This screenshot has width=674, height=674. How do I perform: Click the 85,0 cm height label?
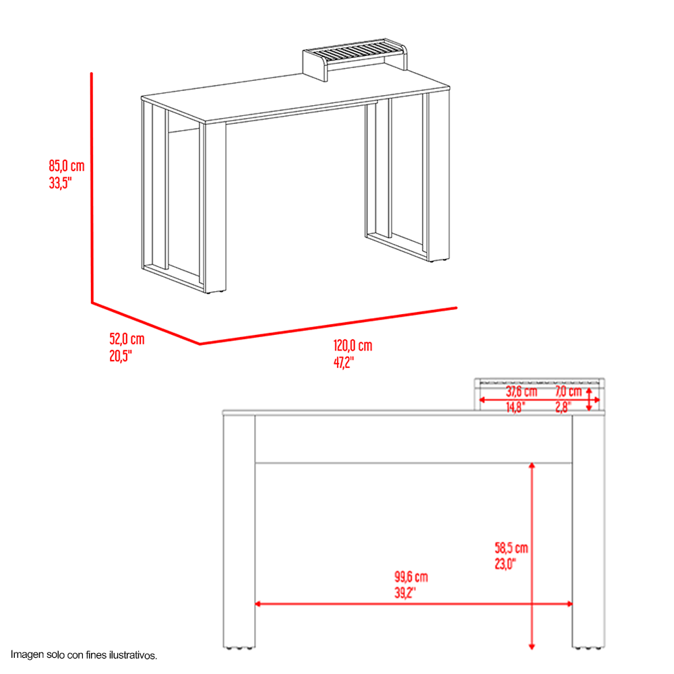coord(67,166)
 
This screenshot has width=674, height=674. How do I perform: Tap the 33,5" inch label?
coord(60,183)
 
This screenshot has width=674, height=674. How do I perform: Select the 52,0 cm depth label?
coord(127,339)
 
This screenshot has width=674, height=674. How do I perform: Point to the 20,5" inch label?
coord(121,356)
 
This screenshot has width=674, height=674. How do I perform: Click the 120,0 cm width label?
coord(353,345)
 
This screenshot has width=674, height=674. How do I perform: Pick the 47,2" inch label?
coord(344,363)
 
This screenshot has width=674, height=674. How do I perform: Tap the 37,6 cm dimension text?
coord(522,391)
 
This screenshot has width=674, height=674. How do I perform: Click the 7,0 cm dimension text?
coord(568,391)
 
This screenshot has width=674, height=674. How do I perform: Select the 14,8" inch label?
coord(516,407)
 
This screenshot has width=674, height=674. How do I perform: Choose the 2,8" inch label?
coord(563,407)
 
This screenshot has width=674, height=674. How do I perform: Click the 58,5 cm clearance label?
coord(512,547)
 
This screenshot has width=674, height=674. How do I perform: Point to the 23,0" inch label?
coord(505,563)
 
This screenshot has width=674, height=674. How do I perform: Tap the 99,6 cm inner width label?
coord(411,576)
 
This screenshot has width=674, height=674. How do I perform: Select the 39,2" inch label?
coord(405,592)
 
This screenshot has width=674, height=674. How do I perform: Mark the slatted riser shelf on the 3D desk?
coord(355,58)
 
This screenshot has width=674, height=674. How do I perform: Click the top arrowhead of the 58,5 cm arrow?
coord(532,466)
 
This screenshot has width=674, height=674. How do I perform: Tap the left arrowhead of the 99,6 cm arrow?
coord(258,604)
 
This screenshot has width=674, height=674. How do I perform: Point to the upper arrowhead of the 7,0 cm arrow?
coord(589,390)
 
